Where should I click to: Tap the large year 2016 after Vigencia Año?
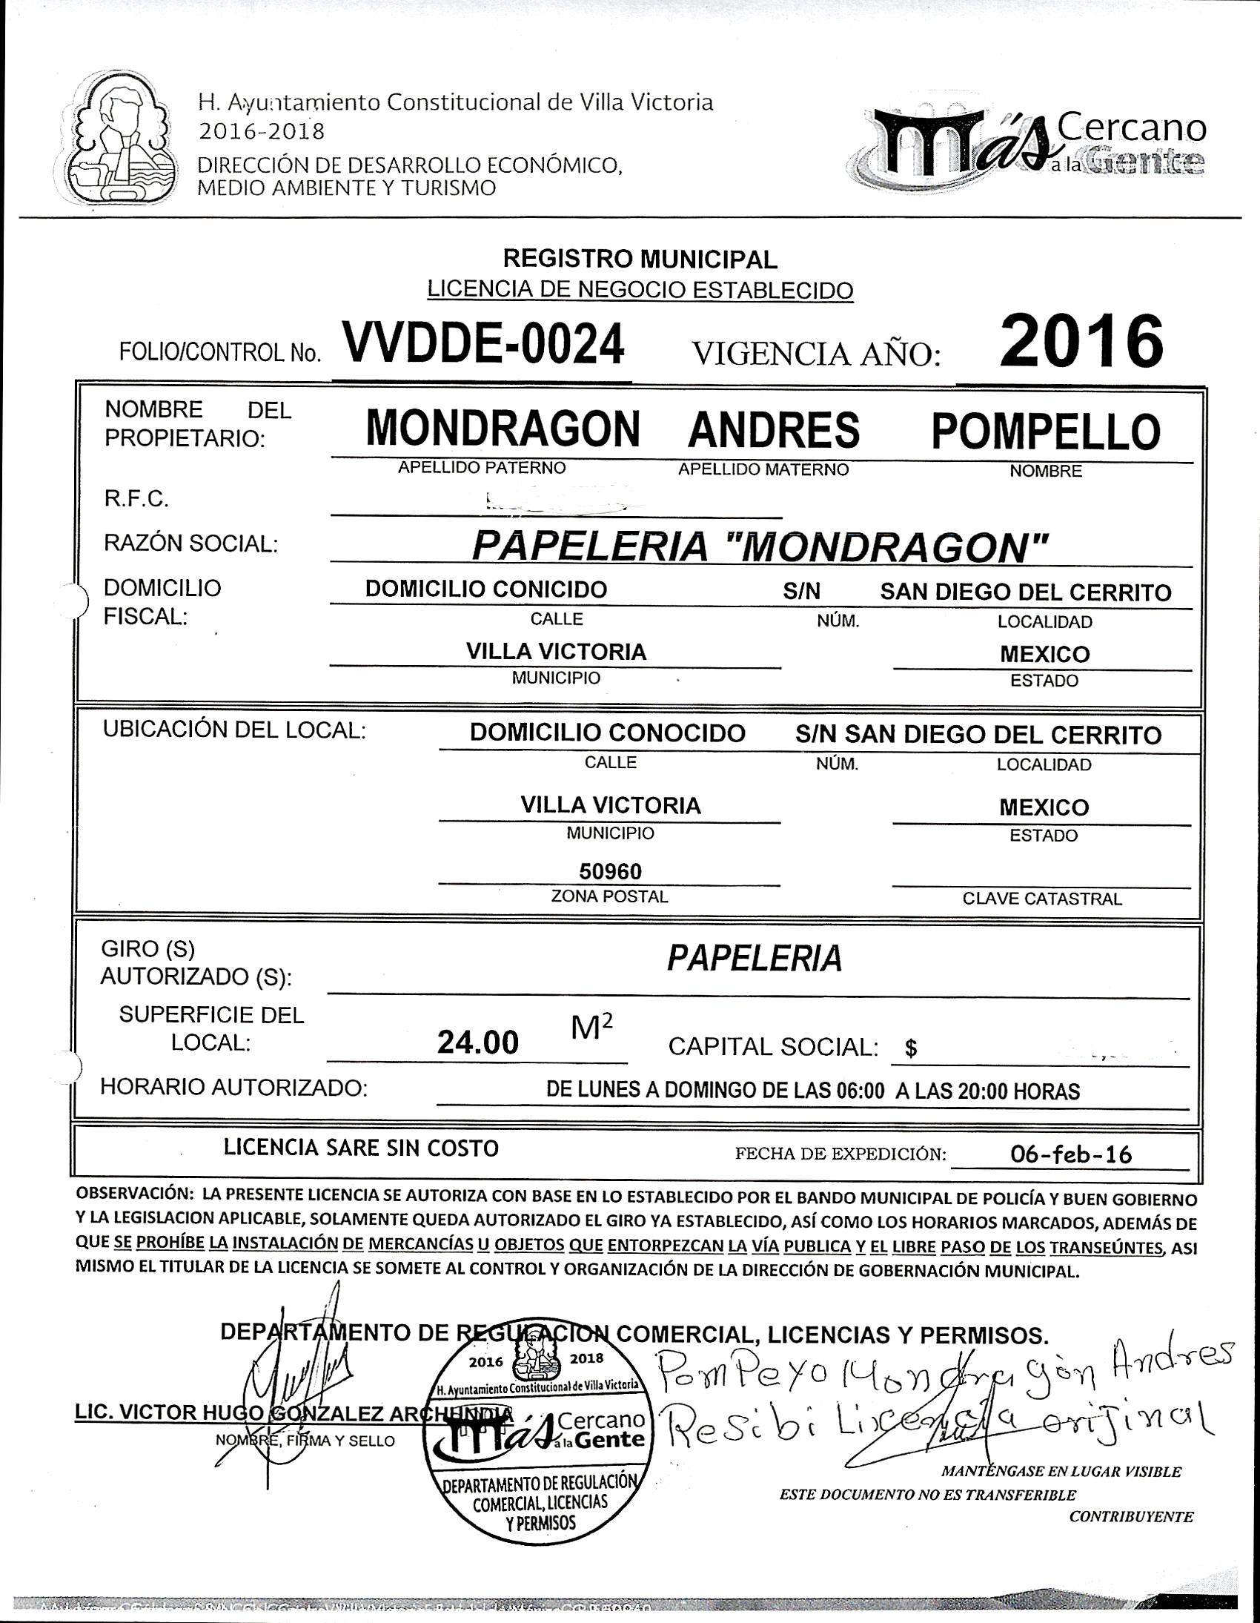coord(1081,343)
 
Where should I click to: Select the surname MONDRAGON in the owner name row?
coord(503,429)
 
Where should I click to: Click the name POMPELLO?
coord(1045,431)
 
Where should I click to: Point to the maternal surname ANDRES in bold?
coord(773,430)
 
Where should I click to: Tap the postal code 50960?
coord(610,870)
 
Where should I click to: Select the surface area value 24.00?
coord(477,1043)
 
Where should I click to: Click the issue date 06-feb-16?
coord(1070,1154)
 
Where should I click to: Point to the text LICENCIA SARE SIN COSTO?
coord(361,1148)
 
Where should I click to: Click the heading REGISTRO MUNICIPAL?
coord(640,260)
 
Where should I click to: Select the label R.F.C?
coord(136,500)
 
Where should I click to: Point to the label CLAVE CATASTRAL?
coord(1041,899)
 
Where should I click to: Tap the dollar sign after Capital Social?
coord(911,1048)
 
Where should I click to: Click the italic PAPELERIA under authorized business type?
coord(754,959)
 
